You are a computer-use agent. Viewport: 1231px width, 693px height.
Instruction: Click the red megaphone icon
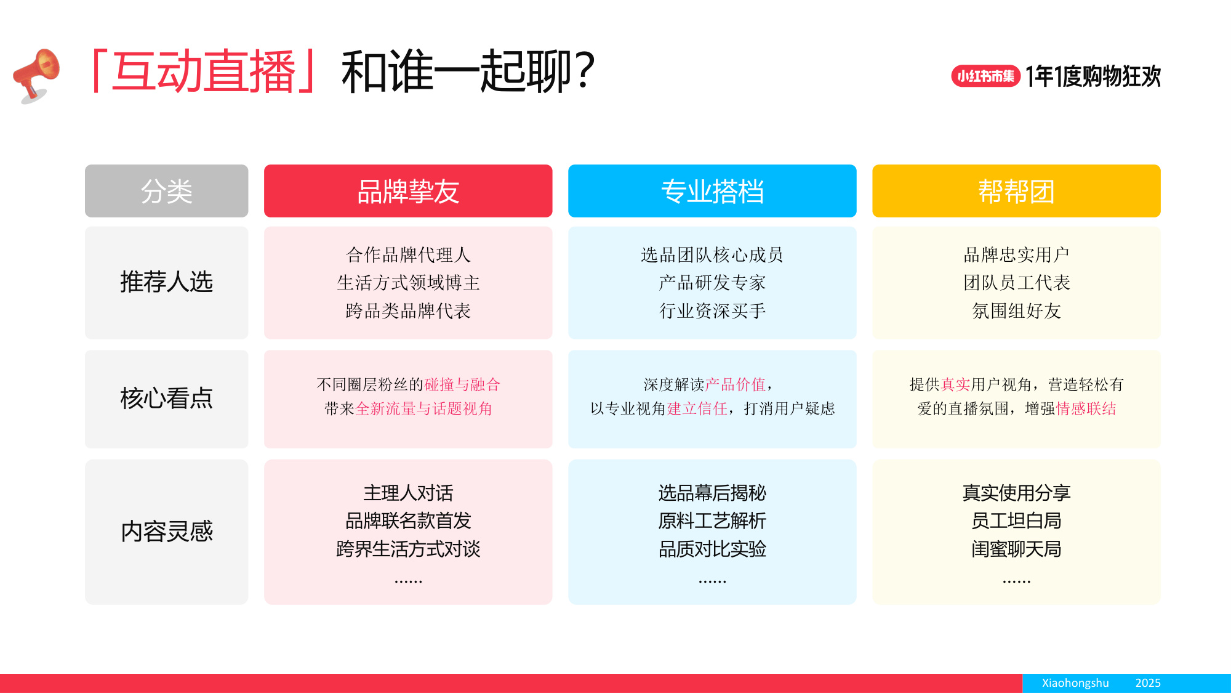(x=37, y=75)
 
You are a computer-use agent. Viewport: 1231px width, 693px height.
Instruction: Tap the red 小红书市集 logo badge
(x=985, y=76)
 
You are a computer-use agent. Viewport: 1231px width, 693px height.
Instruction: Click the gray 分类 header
(x=166, y=191)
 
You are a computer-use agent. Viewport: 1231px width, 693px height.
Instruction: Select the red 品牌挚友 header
(x=408, y=191)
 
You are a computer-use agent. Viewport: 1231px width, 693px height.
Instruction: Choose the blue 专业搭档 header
(x=712, y=191)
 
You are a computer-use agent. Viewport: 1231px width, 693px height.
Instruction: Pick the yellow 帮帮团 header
(x=1016, y=191)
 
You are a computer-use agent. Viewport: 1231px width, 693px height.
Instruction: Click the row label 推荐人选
(x=166, y=282)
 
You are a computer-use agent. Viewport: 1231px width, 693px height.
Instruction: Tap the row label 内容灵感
(x=166, y=532)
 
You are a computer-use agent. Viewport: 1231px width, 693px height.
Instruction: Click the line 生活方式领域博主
(x=408, y=283)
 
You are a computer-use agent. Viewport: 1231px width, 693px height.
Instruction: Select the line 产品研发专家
(x=712, y=283)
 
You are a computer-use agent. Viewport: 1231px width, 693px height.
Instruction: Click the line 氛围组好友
(x=1016, y=311)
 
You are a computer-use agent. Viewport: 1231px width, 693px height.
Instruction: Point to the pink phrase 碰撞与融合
(x=462, y=385)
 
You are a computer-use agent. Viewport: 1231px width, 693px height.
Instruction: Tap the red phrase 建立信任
(x=697, y=409)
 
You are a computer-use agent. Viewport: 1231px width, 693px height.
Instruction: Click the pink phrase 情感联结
(x=1086, y=409)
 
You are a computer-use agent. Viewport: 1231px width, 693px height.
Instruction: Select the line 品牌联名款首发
(x=408, y=521)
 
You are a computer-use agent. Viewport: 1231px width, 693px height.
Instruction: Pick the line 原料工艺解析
(x=712, y=521)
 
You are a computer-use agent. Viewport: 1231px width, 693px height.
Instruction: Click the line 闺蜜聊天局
(x=1016, y=549)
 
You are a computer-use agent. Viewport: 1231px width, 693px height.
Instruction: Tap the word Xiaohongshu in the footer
(x=1075, y=683)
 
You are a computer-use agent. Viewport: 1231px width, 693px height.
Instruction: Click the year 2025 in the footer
(x=1148, y=683)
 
